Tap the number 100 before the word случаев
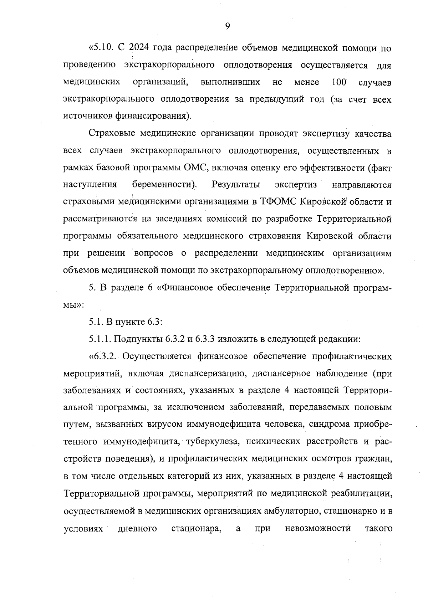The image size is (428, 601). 338,82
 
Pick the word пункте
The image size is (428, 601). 130,322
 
